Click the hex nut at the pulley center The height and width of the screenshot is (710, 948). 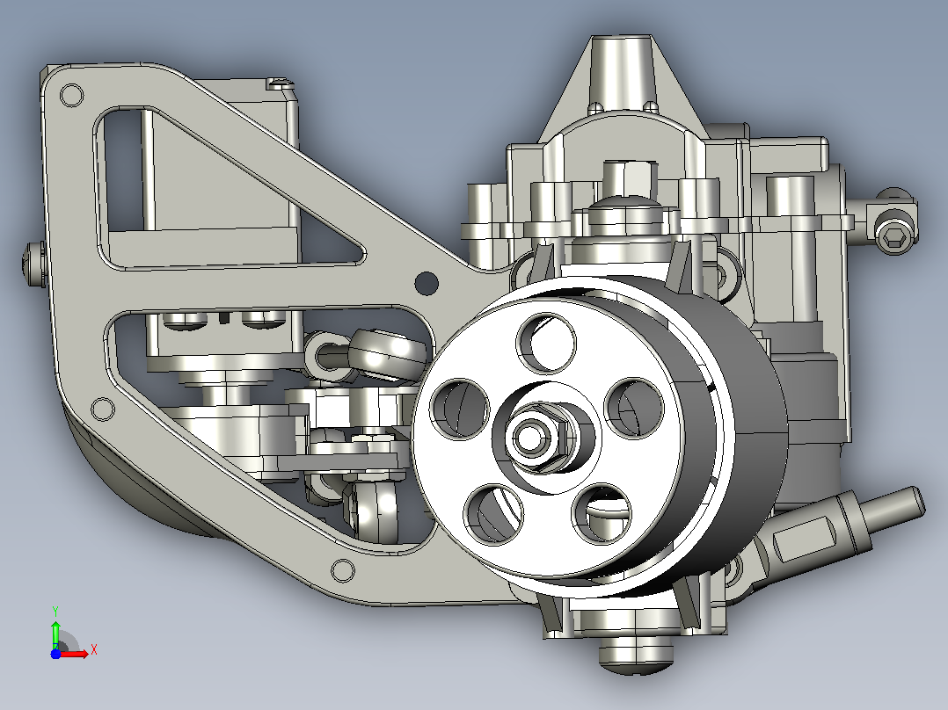click(537, 438)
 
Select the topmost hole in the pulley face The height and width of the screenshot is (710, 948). click(546, 343)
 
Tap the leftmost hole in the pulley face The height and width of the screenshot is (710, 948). click(459, 409)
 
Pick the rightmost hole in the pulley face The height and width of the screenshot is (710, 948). click(634, 407)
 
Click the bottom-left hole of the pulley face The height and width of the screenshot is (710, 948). click(493, 514)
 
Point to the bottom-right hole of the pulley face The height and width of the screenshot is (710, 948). click(602, 513)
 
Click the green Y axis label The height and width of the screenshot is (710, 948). click(55, 611)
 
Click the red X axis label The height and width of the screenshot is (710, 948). click(94, 650)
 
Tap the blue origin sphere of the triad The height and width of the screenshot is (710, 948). click(55, 654)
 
